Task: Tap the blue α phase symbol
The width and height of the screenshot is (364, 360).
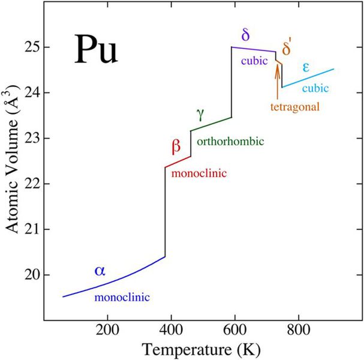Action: point(100,271)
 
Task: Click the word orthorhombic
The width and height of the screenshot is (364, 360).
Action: point(230,142)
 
